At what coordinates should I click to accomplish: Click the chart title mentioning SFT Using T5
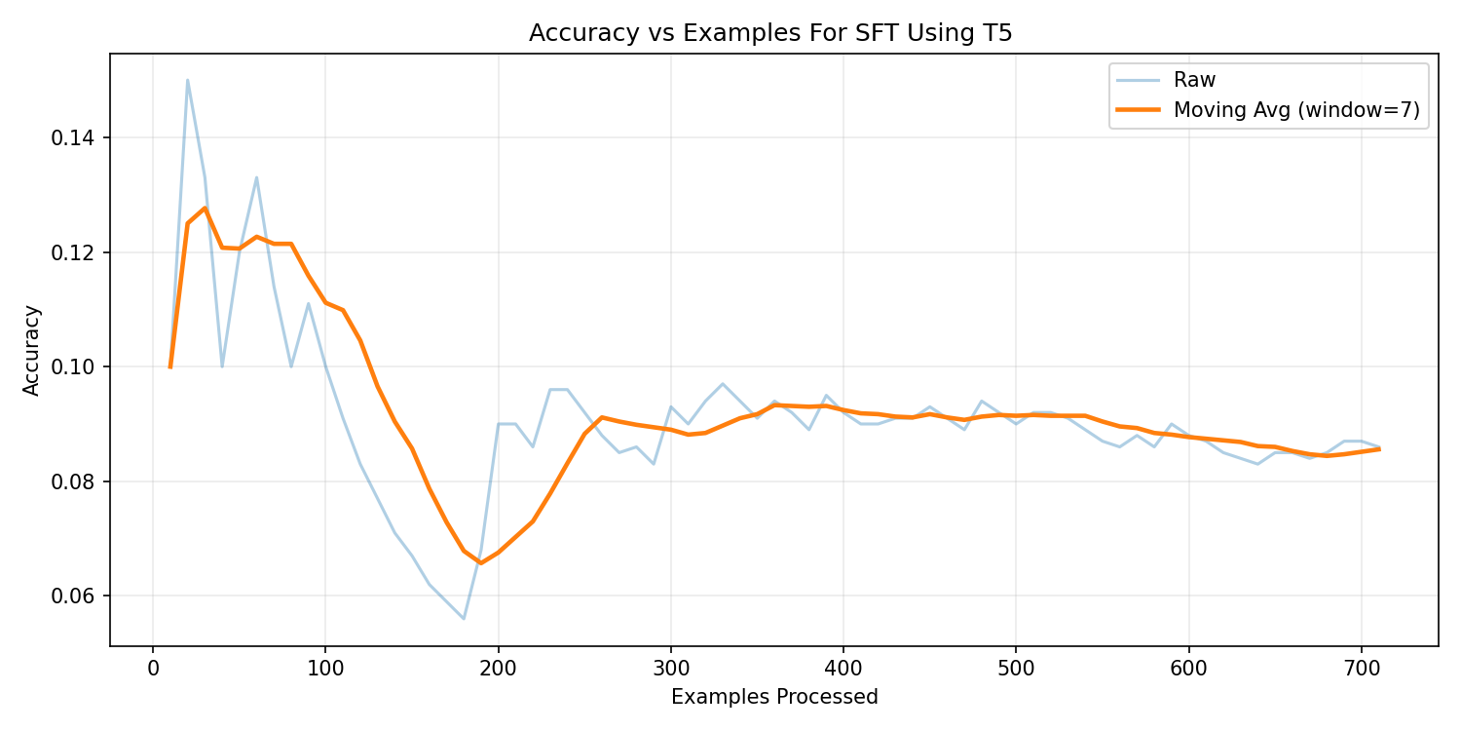(x=769, y=33)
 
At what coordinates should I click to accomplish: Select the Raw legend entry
(x=1194, y=80)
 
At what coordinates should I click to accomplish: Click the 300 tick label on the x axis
(x=670, y=668)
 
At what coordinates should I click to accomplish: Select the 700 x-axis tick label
(x=1361, y=668)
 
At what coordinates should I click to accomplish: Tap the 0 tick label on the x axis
(x=153, y=668)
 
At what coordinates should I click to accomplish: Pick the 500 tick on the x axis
(x=1016, y=668)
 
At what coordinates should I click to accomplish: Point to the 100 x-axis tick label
(x=325, y=668)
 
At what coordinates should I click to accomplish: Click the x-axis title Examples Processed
(x=774, y=697)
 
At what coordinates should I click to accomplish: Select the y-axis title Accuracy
(x=32, y=350)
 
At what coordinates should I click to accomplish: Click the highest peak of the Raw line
(x=187, y=80)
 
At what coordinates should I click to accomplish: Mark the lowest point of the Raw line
(x=464, y=619)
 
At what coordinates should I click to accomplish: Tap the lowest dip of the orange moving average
(x=481, y=562)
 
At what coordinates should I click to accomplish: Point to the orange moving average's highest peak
(x=205, y=208)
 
